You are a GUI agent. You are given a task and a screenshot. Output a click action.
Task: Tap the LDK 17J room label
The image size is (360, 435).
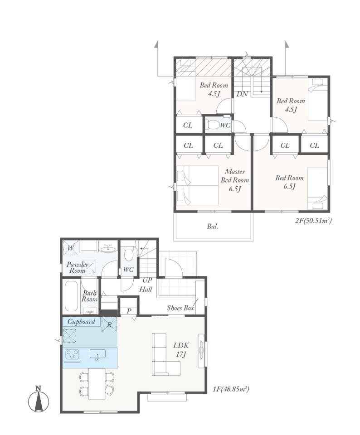point(181,349)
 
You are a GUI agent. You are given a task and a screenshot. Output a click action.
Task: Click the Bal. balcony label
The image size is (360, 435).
point(213,227)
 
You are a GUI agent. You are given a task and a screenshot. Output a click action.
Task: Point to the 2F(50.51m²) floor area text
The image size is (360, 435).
point(313,221)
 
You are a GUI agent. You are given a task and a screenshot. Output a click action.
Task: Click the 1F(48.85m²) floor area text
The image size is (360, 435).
point(231,389)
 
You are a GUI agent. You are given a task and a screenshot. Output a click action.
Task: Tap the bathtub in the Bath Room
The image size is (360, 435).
point(71,296)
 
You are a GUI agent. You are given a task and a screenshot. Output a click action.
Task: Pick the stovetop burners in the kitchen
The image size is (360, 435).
point(72,354)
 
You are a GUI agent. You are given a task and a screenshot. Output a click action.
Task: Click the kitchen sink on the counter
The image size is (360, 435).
point(97,354)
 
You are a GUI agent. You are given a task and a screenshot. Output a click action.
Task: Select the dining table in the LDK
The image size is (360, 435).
point(97,384)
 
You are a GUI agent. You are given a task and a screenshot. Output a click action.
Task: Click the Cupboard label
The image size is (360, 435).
point(81,322)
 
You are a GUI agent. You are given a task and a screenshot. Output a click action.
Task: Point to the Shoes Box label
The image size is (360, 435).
point(180,308)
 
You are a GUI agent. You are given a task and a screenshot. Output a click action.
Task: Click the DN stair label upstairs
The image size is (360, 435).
point(242,94)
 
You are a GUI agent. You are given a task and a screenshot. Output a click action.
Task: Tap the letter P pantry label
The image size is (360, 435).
point(129,311)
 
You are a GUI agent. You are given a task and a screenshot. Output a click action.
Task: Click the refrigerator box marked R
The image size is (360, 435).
point(109,324)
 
